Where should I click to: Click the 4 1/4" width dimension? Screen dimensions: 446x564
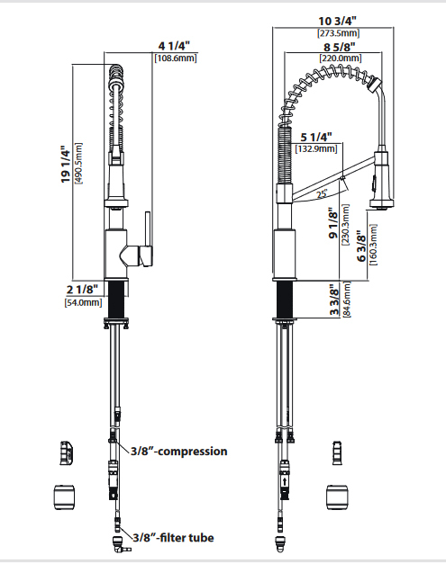pyautogui.click(x=174, y=46)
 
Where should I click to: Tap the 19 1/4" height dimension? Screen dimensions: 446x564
pyautogui.click(x=66, y=164)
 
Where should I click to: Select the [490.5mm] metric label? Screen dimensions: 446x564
pyautogui.click(x=78, y=164)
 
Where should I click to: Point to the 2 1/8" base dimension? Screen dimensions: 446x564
pyautogui.click(x=82, y=289)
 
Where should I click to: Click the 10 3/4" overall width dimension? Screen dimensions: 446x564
pyautogui.click(x=338, y=22)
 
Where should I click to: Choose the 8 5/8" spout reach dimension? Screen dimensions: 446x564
pyautogui.click(x=339, y=47)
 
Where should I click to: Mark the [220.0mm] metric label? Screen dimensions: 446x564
pyautogui.click(x=341, y=58)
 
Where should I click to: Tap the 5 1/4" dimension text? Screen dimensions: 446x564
pyautogui.click(x=316, y=137)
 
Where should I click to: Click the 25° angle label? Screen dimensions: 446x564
pyautogui.click(x=322, y=194)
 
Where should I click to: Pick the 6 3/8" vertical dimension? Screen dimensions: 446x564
pyautogui.click(x=361, y=248)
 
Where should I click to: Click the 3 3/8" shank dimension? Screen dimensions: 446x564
pyautogui.click(x=334, y=300)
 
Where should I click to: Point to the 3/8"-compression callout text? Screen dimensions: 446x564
pyautogui.click(x=179, y=451)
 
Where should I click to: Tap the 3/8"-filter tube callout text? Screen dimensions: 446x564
pyautogui.click(x=173, y=538)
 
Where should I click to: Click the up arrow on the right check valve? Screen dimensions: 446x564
pyautogui.click(x=285, y=481)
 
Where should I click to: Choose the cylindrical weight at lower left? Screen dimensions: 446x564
pyautogui.click(x=64, y=497)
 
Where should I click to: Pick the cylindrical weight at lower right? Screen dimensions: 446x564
pyautogui.click(x=338, y=497)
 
